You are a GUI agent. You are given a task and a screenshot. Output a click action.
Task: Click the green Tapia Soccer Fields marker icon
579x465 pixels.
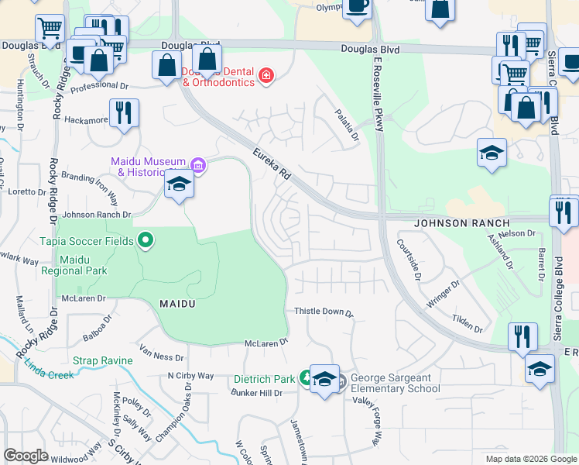(143, 240)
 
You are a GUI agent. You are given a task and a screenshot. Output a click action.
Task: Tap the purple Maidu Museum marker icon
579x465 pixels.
(197, 165)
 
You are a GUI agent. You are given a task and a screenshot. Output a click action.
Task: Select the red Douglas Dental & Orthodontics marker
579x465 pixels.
(266, 75)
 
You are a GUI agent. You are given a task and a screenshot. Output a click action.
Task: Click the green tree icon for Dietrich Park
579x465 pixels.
(306, 379)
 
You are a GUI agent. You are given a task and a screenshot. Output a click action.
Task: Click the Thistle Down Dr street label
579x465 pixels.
(324, 312)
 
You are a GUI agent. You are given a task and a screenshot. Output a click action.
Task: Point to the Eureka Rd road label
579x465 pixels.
(272, 165)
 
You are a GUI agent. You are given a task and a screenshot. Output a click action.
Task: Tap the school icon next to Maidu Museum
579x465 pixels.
(178, 184)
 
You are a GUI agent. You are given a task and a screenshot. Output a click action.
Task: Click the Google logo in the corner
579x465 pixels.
(26, 456)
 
